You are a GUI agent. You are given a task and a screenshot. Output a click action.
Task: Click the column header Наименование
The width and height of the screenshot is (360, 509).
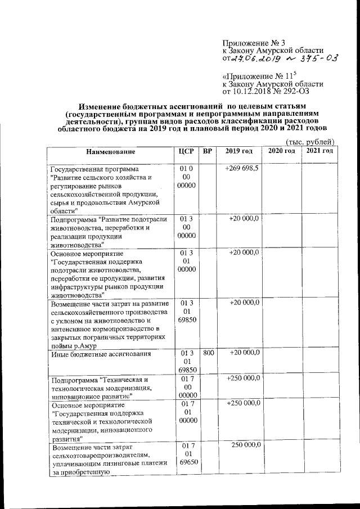coord(110,152)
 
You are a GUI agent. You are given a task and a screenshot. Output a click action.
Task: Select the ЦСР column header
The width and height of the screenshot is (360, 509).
coord(186,152)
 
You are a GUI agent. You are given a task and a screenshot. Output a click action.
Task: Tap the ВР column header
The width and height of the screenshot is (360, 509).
coord(208,152)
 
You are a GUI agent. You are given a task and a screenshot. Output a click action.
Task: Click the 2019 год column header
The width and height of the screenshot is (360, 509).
coord(239,152)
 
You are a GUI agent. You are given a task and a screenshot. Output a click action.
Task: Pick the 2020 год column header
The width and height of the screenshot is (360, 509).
coord(281,152)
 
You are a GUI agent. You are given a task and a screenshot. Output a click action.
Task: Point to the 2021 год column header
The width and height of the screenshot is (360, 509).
coord(319,152)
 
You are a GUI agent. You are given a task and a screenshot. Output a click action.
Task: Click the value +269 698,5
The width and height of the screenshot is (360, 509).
coord(242,169)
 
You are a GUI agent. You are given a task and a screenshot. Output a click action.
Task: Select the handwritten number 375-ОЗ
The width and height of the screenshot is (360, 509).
coord(315,57)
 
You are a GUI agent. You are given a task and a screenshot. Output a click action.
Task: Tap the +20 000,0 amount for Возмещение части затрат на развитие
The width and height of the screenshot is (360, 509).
coord(243,303)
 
